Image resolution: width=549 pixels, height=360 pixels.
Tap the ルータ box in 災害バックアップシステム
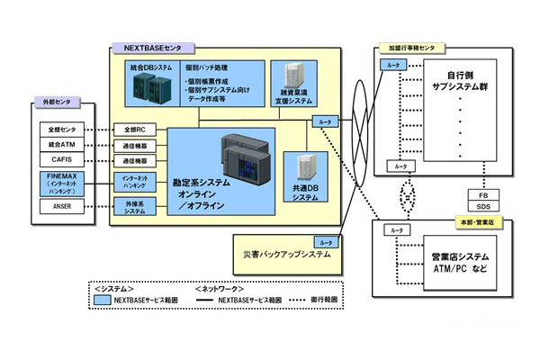coord(324,243)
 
